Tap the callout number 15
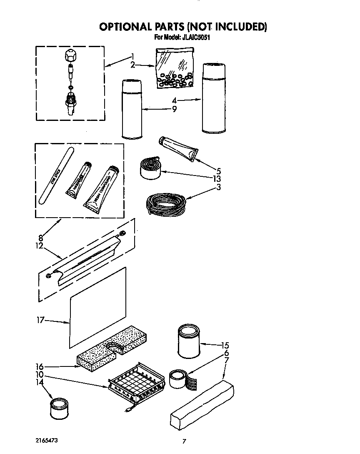point(225,345)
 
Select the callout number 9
point(174,110)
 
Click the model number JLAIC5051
point(197,37)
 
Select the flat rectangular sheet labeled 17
point(97,308)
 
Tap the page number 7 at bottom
point(183,441)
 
